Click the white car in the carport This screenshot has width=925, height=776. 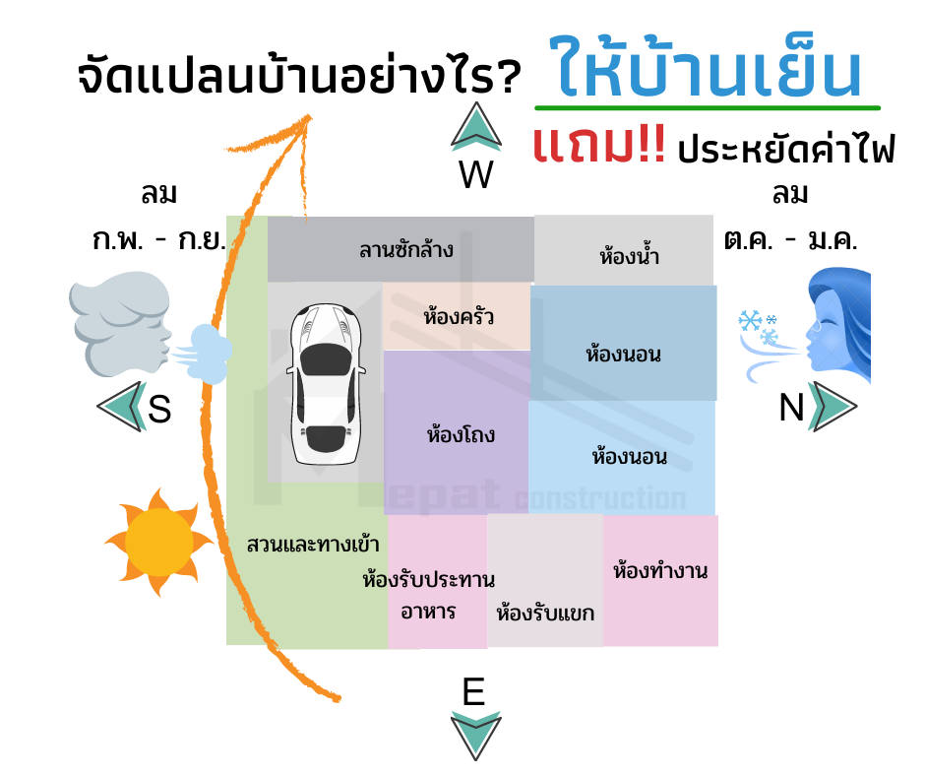coord(326,384)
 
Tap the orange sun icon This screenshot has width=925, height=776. coord(158,542)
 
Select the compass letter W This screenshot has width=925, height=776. coord(476,174)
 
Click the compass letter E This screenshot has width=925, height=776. coord(473,691)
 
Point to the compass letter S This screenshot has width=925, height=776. coord(159,408)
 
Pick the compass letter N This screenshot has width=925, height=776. coord(792,408)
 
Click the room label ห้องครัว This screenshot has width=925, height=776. coord(459,316)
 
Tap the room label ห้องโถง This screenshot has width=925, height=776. coord(461,434)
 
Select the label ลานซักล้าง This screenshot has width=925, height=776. coord(405,250)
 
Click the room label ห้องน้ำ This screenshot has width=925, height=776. coord(629,256)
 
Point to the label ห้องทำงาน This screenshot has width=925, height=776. coord(660,570)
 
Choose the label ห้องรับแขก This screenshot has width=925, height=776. coord(545,613)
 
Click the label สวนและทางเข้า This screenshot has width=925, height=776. coord(313,544)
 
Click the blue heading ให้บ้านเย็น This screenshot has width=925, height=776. coord(706,67)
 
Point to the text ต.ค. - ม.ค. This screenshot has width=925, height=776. coord(790,240)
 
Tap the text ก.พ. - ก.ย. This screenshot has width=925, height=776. coord(159,240)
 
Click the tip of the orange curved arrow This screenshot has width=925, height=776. coord(310,116)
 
